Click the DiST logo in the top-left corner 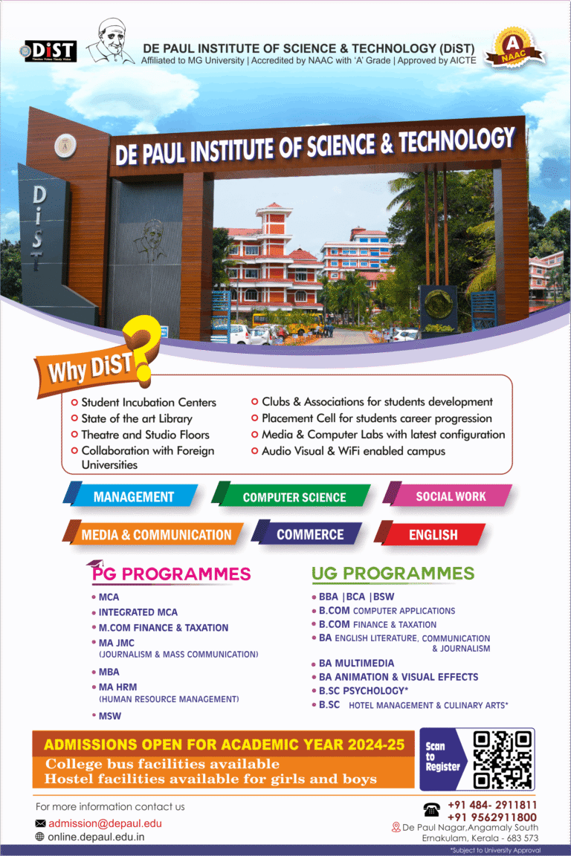click(48, 51)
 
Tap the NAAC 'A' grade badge click(514, 48)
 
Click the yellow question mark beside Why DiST click(143, 347)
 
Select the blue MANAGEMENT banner click(131, 496)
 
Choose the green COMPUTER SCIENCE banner click(291, 496)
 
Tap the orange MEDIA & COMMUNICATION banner click(153, 534)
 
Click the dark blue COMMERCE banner click(307, 534)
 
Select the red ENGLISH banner click(430, 534)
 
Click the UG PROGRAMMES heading click(393, 573)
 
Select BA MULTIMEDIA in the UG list click(356, 664)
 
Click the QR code click(502, 759)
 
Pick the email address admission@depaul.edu click(105, 823)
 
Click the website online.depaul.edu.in click(96, 837)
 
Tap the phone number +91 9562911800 click(492, 817)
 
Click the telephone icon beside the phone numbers click(432, 810)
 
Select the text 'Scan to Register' click(442, 756)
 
